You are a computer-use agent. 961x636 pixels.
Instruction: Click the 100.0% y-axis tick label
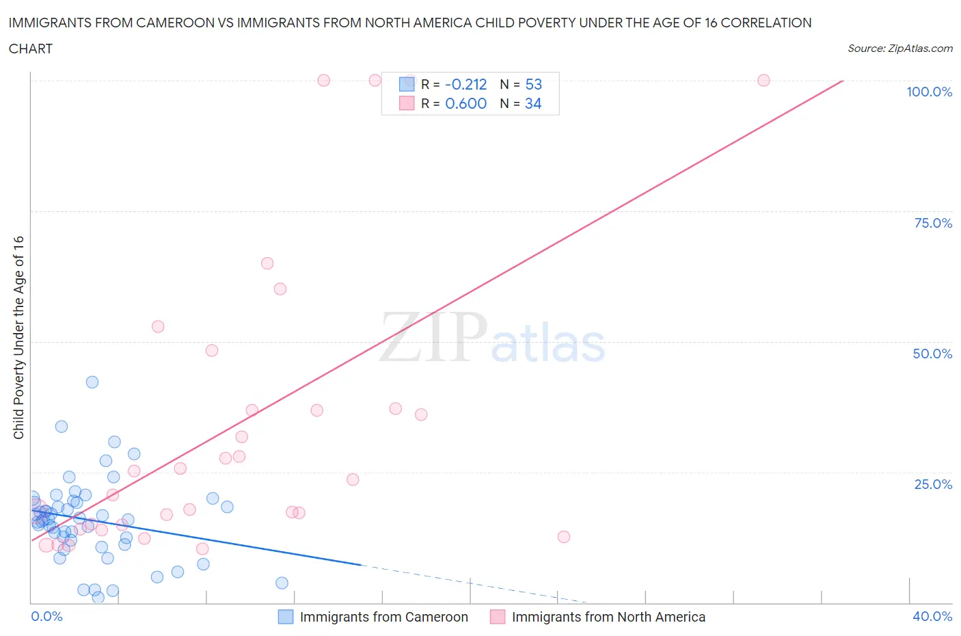(x=929, y=92)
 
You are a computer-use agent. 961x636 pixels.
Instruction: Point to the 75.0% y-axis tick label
(x=932, y=223)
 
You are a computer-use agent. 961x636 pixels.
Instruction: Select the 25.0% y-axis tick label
(x=932, y=484)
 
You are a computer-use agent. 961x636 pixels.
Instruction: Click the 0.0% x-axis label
(x=46, y=616)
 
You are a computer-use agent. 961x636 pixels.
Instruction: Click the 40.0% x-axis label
(x=932, y=616)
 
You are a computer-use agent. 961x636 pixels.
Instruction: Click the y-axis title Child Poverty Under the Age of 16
(x=18, y=337)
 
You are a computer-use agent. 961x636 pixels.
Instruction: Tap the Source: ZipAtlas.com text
(x=899, y=48)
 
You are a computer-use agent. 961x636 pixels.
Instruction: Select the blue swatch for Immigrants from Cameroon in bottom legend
(x=286, y=617)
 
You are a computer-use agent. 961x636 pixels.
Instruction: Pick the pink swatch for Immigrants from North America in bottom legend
(x=498, y=617)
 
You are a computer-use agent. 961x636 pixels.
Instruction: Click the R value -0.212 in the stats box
(x=465, y=84)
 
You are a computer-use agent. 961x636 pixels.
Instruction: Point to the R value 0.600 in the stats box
(x=465, y=103)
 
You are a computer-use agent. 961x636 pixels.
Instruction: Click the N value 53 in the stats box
(x=533, y=84)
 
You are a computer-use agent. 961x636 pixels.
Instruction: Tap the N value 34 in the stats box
(x=533, y=103)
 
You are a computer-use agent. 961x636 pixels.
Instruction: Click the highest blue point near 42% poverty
(x=92, y=382)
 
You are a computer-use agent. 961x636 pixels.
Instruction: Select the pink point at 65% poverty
(x=267, y=263)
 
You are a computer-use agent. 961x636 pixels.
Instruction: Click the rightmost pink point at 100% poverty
(x=763, y=81)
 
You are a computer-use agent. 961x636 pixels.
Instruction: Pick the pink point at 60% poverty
(x=280, y=289)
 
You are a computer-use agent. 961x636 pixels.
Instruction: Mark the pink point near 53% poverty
(x=158, y=327)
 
